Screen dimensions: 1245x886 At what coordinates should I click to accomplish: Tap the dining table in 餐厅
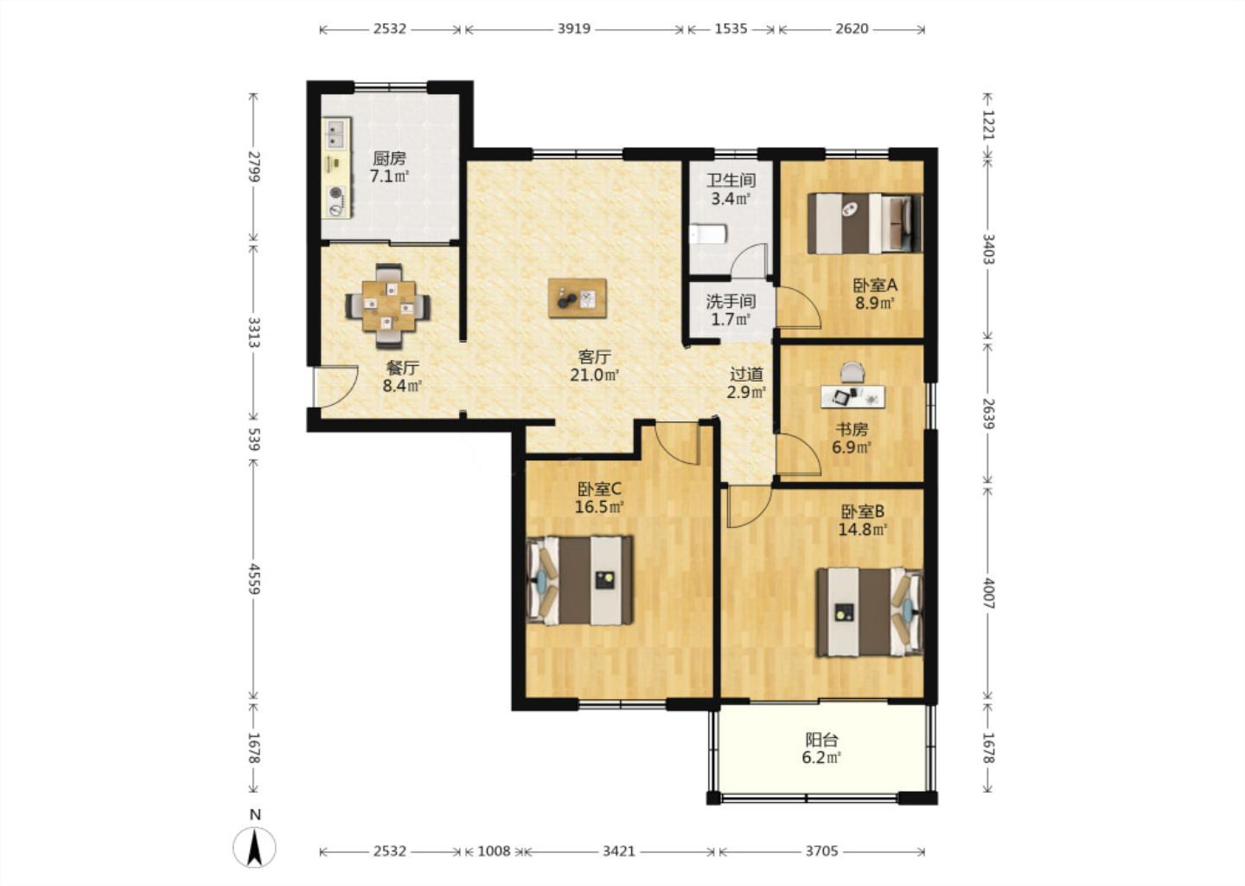388,306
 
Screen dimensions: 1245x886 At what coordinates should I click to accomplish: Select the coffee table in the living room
577,299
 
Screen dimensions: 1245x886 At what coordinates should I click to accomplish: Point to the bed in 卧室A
865,223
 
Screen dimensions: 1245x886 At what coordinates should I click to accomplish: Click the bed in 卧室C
579,581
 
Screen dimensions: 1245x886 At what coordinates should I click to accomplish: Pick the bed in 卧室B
871,612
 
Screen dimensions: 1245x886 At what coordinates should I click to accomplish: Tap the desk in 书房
853,396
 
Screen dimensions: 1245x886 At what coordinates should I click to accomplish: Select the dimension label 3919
573,29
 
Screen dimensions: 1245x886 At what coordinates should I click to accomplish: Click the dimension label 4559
254,579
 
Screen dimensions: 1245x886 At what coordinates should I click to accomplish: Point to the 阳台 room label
821,740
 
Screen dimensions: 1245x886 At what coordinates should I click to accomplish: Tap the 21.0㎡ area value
595,375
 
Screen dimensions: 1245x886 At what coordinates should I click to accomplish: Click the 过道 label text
746,375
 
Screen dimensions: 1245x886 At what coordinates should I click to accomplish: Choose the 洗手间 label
731,301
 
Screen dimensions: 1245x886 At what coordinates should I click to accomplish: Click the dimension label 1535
731,29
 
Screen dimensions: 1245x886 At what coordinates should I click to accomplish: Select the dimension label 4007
988,593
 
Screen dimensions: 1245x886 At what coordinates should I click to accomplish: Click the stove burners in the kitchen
335,201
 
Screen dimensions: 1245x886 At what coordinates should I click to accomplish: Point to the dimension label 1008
495,851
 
